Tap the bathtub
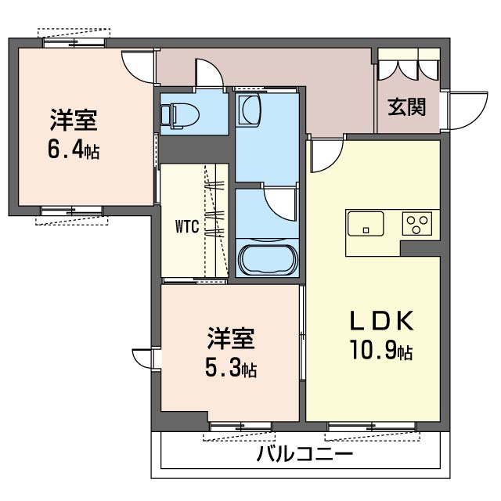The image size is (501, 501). coord(267,260)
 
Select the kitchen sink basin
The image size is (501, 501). coord(366,224)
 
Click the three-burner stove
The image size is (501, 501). coord(417,224)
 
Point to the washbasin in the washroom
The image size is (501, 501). coord(250,110)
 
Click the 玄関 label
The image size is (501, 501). coord(407,107)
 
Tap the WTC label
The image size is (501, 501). coord(187,226)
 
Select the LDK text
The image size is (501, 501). coord(382,320)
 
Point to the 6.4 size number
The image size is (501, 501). coord(66,150)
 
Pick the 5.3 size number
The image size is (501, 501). coord(222,368)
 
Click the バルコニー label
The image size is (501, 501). coord(305,455)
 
